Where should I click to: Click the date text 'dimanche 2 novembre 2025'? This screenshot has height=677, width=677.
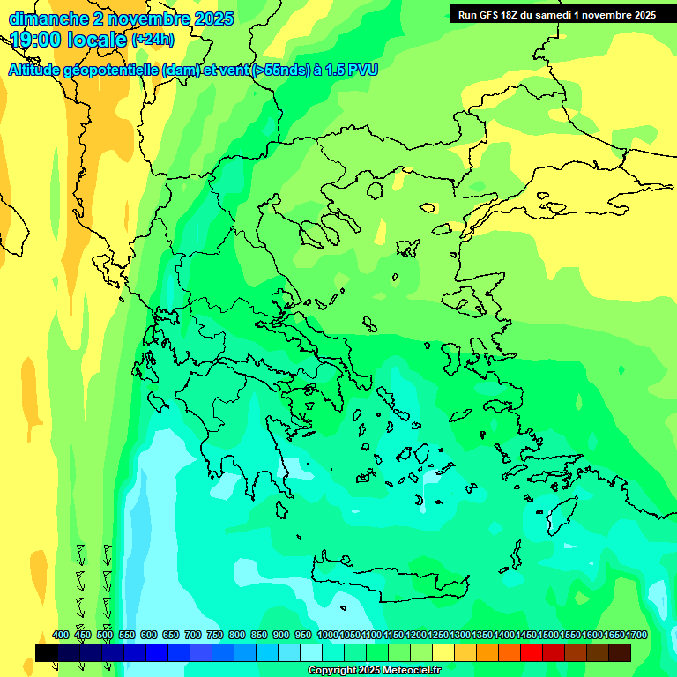coord(121,19)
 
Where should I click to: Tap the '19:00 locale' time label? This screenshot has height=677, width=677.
coord(69,40)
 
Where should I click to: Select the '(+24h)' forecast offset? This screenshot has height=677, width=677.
coord(153,40)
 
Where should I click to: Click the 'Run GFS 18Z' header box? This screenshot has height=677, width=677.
coord(556,15)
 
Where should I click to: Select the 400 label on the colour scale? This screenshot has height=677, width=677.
coord(61,635)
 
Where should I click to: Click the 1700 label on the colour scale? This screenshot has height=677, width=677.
coord(636,635)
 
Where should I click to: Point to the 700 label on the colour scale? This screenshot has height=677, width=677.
coord(193,635)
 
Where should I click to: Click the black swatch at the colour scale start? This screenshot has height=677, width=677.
coord(47,652)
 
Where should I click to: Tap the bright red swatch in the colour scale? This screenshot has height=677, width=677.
coord(531,652)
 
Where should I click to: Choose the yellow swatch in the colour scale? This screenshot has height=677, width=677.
coord(443,652)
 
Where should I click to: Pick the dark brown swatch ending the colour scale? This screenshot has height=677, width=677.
coord(620,652)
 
